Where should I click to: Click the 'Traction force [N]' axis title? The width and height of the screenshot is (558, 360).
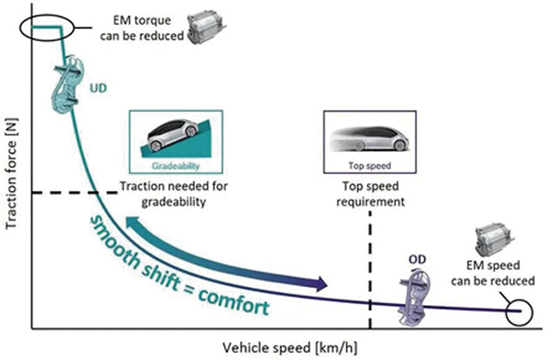pyautogui.click(x=11, y=174)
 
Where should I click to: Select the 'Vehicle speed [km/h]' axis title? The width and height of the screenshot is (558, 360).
pyautogui.click(x=290, y=347)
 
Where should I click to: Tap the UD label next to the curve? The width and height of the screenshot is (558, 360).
pyautogui.click(x=98, y=88)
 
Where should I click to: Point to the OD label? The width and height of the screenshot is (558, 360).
pyautogui.click(x=417, y=260)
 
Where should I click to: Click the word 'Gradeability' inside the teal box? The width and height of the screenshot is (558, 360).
pyautogui.click(x=176, y=166)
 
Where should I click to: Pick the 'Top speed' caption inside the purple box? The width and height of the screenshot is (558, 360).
pyautogui.click(x=370, y=165)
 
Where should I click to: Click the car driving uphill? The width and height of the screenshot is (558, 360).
pyautogui.click(x=172, y=135)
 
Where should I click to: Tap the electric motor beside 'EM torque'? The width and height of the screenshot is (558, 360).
pyautogui.click(x=206, y=27)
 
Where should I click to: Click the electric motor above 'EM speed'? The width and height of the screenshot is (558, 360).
pyautogui.click(x=495, y=239)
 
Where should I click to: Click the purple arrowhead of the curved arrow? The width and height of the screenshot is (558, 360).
pyautogui.click(x=319, y=284)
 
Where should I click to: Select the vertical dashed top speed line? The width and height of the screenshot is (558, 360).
pyautogui.click(x=370, y=269)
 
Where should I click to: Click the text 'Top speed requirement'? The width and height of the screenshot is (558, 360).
pyautogui.click(x=370, y=194)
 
